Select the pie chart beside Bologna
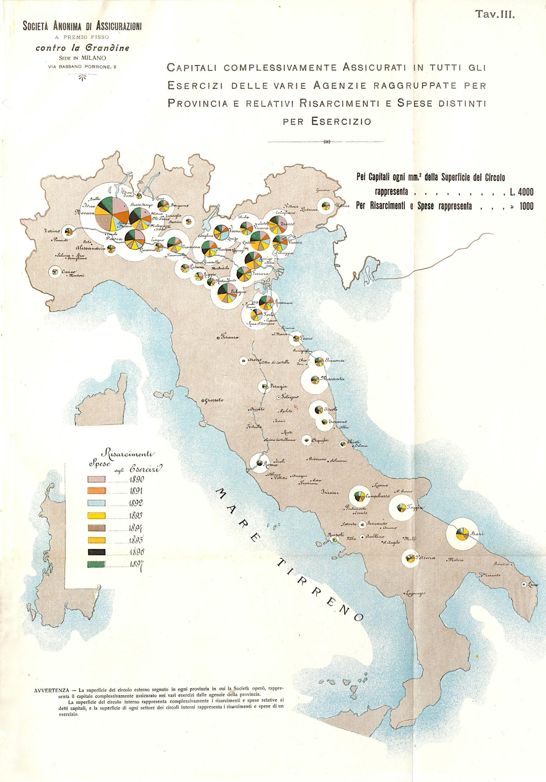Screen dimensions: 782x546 (x=227, y=293)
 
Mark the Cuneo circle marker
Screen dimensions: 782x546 (x=55, y=272)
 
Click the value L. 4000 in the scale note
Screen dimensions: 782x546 (x=521, y=192)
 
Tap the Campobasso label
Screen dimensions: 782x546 (x=377, y=497)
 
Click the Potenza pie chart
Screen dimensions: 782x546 (x=410, y=558)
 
